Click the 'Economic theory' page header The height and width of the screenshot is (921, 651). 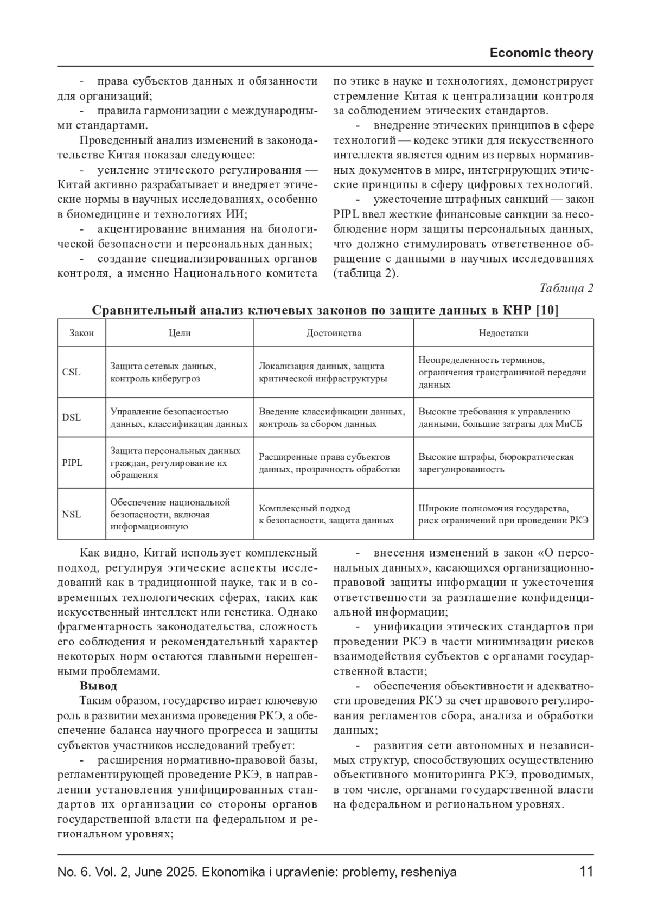click(541, 53)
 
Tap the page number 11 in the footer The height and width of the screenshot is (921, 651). click(586, 872)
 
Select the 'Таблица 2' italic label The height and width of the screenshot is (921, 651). click(566, 288)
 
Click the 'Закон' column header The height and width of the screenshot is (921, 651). click(81, 333)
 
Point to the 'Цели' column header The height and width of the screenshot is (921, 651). click(180, 333)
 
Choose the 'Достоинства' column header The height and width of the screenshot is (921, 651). click(333, 333)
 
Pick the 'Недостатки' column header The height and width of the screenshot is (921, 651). click(503, 333)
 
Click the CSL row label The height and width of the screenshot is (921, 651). click(71, 372)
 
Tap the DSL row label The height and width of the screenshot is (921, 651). click(72, 418)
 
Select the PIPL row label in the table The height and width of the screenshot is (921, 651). click(73, 463)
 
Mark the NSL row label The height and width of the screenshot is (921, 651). click(72, 514)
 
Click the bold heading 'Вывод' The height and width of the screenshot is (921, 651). click(98, 686)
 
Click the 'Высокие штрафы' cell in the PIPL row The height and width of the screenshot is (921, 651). click(496, 463)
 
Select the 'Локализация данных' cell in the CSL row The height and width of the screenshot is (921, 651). click(323, 373)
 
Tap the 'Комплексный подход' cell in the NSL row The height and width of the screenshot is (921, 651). click(326, 514)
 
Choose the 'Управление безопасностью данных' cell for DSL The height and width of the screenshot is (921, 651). click(178, 418)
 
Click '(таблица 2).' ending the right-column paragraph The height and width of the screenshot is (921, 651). click(366, 273)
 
